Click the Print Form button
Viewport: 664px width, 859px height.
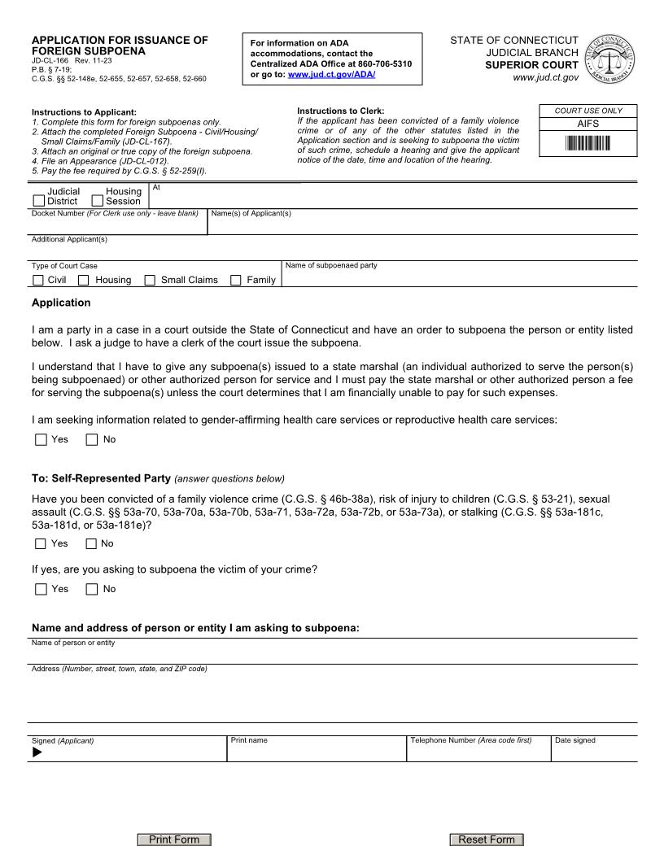click(174, 839)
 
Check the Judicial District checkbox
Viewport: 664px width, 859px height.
click(39, 201)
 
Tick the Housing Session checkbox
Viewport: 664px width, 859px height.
click(98, 201)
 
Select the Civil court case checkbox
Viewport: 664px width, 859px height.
click(38, 281)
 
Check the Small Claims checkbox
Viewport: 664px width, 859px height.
click(150, 281)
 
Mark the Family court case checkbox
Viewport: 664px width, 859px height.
click(236, 281)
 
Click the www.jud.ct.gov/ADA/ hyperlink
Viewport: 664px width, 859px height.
click(331, 75)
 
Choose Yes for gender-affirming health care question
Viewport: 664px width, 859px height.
click(41, 440)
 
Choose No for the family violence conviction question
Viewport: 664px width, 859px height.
click(91, 544)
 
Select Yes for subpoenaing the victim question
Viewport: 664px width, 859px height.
click(41, 590)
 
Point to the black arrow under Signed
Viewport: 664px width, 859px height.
click(37, 752)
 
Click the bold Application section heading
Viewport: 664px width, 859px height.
click(61, 303)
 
